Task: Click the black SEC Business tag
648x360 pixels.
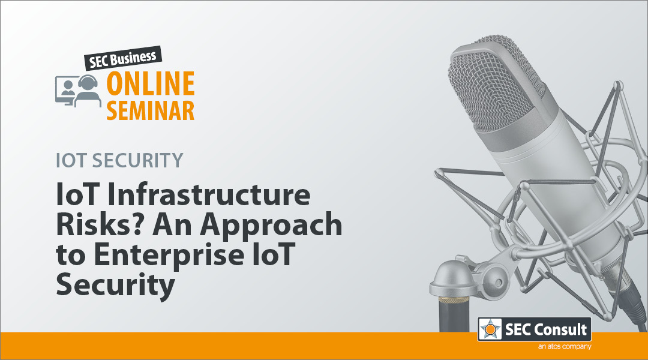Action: [123, 58]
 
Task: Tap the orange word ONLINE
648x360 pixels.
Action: [151, 83]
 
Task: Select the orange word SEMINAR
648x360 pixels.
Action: [151, 110]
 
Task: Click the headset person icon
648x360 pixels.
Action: [88, 91]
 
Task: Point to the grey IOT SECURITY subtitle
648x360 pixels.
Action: [119, 160]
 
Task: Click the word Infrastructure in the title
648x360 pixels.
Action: [209, 194]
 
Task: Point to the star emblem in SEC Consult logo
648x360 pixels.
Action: [490, 329]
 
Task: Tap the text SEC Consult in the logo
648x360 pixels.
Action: [546, 329]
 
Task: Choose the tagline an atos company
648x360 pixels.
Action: [565, 347]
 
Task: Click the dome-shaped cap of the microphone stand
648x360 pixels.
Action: [454, 277]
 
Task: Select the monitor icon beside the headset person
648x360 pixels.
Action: [64, 90]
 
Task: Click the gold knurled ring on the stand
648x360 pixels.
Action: [454, 300]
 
